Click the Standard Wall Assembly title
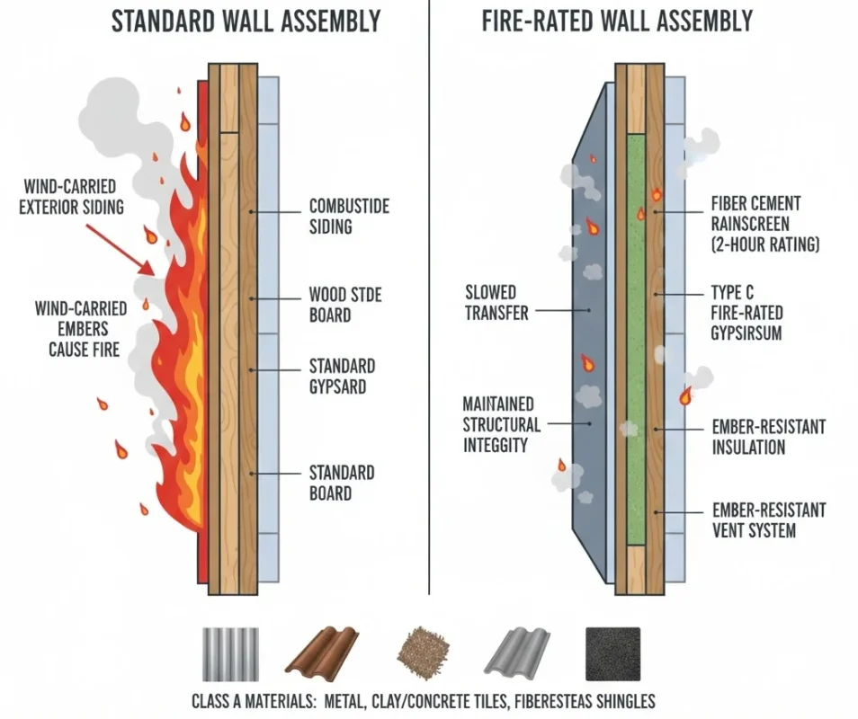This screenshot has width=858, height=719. click(246, 21)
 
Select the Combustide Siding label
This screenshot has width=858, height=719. click(349, 217)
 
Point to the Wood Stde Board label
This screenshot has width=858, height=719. click(342, 305)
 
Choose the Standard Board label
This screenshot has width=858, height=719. click(342, 483)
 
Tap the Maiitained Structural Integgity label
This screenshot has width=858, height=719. click(502, 424)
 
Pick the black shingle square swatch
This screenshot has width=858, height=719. click(612, 652)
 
